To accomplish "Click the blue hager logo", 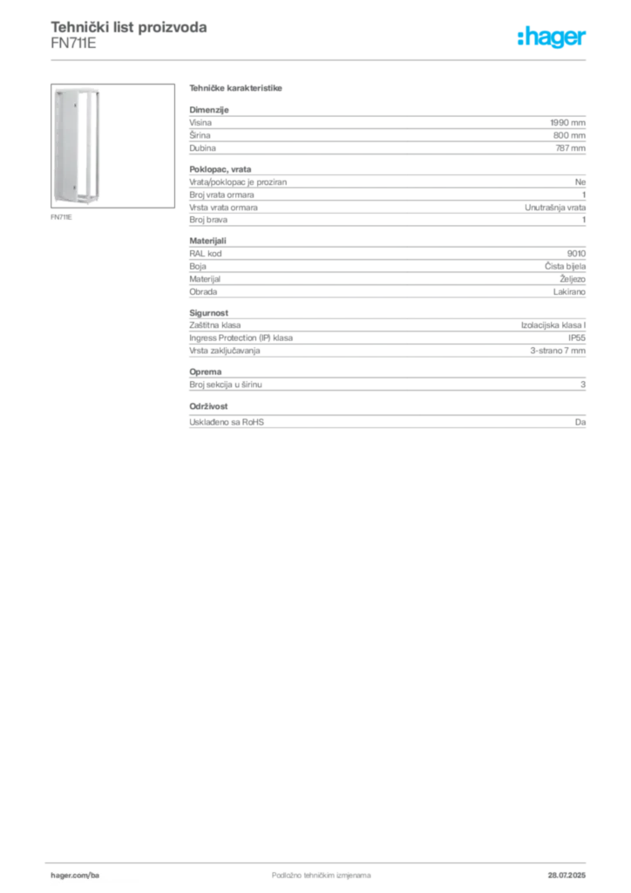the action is [x=553, y=38].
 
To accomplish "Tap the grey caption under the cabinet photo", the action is [x=63, y=218].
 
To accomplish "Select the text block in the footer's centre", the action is [x=310, y=869].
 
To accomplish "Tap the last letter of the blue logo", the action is [x=585, y=38].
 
